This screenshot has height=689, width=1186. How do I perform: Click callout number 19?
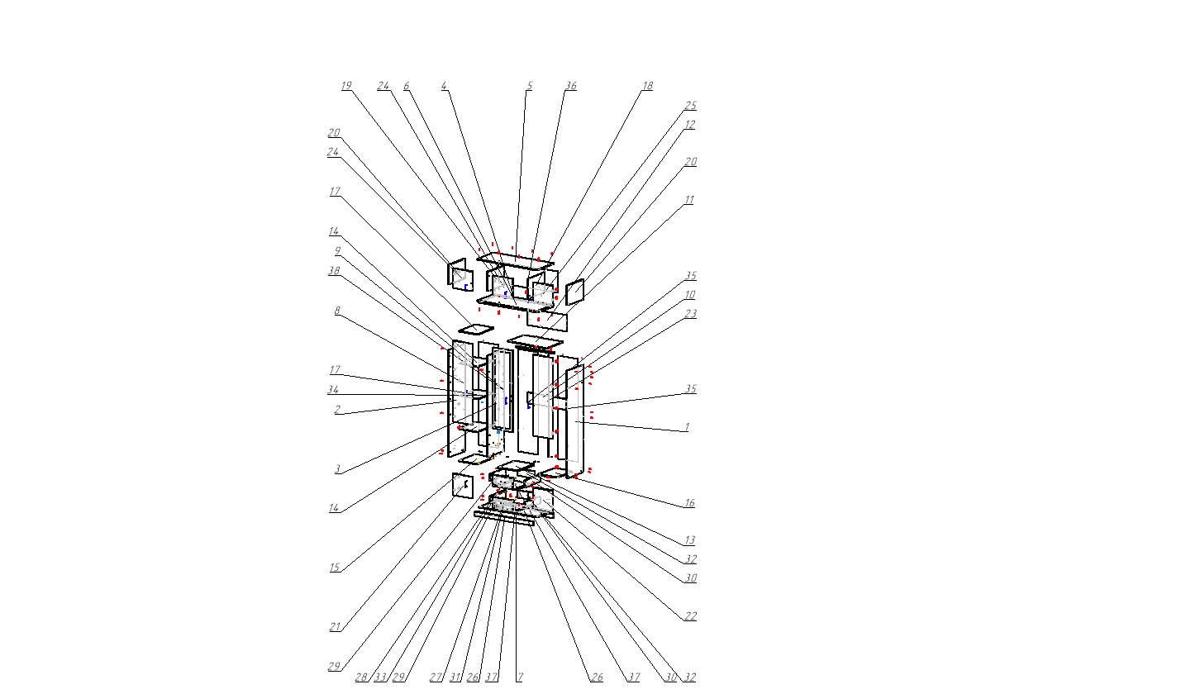pyautogui.click(x=346, y=86)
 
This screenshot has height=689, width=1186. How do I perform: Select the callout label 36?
pyautogui.click(x=571, y=86)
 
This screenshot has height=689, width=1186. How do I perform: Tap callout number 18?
pyautogui.click(x=647, y=86)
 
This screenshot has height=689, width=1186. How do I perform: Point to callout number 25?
pyautogui.click(x=690, y=105)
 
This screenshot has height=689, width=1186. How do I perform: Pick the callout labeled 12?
pyautogui.click(x=689, y=125)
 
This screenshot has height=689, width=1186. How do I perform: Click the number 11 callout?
pyautogui.click(x=688, y=199)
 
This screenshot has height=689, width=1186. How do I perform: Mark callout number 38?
pyautogui.click(x=334, y=270)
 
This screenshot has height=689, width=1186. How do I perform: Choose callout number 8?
pyautogui.click(x=337, y=311)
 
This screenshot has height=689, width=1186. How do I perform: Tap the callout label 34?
pyautogui.click(x=333, y=389)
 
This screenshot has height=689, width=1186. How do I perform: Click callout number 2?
pyautogui.click(x=337, y=409)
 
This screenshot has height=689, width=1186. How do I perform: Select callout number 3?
pyautogui.click(x=337, y=469)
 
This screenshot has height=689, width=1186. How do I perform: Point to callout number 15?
pyautogui.click(x=334, y=568)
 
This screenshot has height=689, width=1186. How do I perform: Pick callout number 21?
pyautogui.click(x=335, y=626)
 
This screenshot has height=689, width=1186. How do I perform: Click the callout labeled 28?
pyautogui.click(x=361, y=677)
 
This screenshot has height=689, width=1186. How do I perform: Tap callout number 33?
pyautogui.click(x=380, y=677)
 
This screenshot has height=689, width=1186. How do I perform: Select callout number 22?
pyautogui.click(x=690, y=616)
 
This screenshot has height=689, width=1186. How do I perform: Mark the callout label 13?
pyautogui.click(x=688, y=539)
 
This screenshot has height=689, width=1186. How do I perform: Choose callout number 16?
pyautogui.click(x=688, y=503)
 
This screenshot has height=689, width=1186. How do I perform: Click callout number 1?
pyautogui.click(x=687, y=426)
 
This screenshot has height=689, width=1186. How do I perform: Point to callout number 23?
pyautogui.click(x=690, y=314)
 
